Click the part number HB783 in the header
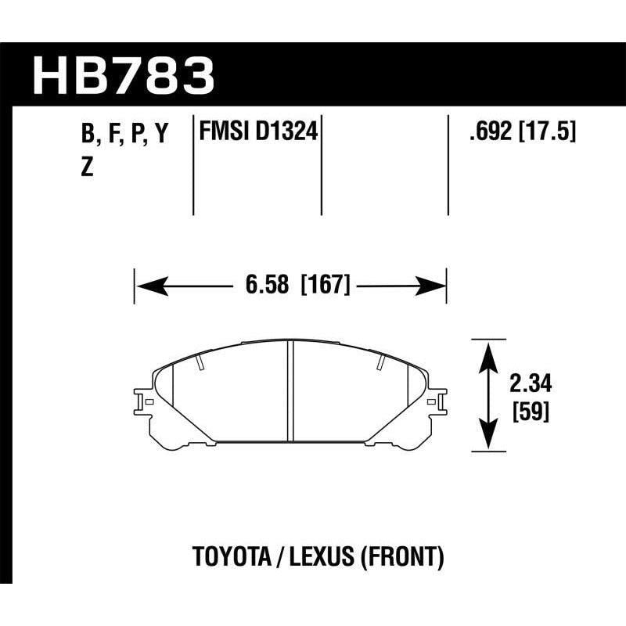pos(123,74)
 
